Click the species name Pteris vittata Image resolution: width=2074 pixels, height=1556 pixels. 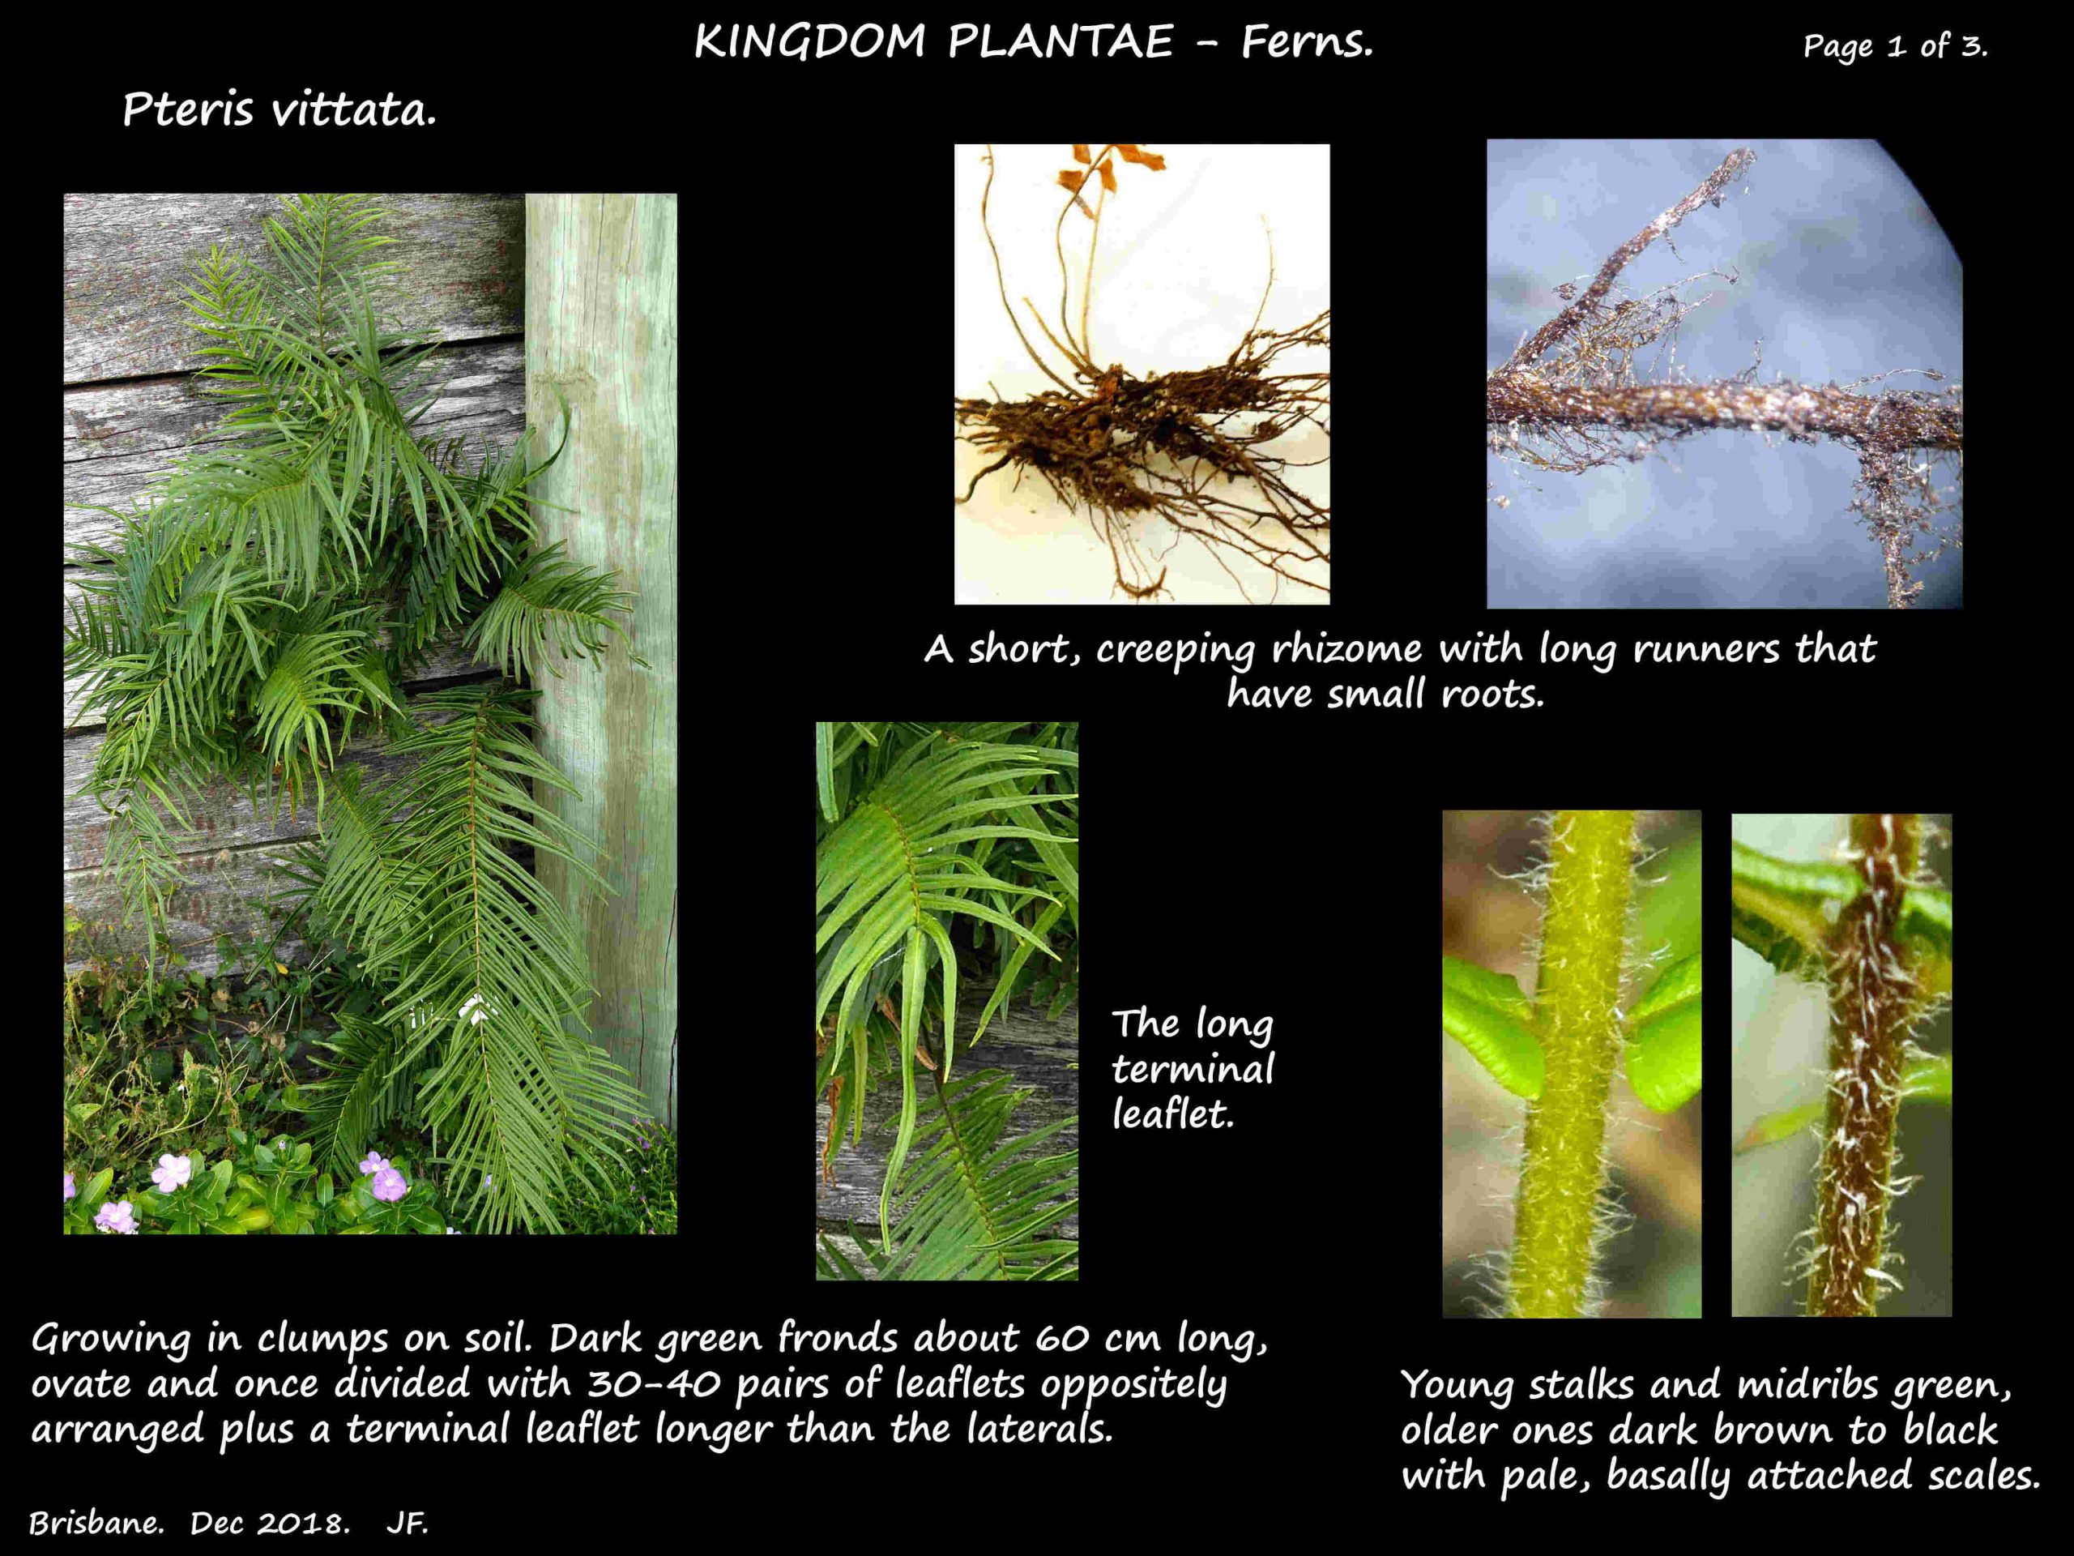[280, 111]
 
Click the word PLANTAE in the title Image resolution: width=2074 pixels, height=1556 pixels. [1060, 42]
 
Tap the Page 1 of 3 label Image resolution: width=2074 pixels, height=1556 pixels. [1895, 46]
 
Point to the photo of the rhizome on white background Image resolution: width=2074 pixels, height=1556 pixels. [1142, 374]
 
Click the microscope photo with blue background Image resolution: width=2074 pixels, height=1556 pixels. [1724, 374]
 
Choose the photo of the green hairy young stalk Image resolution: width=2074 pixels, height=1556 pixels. [1572, 1063]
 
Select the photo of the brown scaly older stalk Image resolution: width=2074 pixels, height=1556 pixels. [1841, 1065]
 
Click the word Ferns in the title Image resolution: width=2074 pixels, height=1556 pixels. [1307, 42]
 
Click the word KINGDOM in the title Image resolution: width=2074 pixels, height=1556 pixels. [810, 42]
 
